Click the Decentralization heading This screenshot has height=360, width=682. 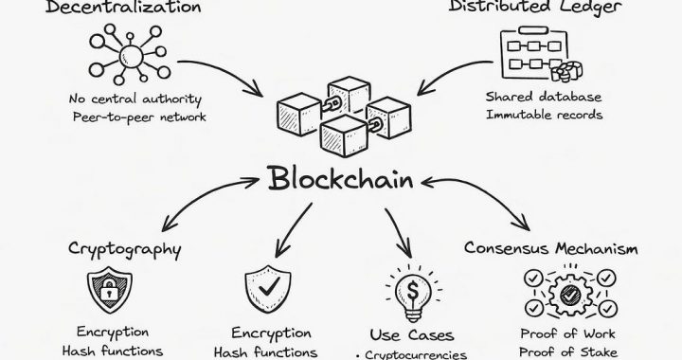(116, 9)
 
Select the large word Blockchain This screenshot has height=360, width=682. (341, 180)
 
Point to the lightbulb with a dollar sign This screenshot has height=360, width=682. (406, 290)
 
